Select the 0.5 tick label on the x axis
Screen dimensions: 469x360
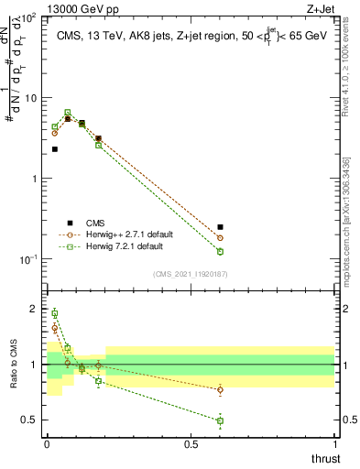(191, 443)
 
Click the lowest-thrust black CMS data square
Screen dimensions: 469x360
(55, 148)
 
